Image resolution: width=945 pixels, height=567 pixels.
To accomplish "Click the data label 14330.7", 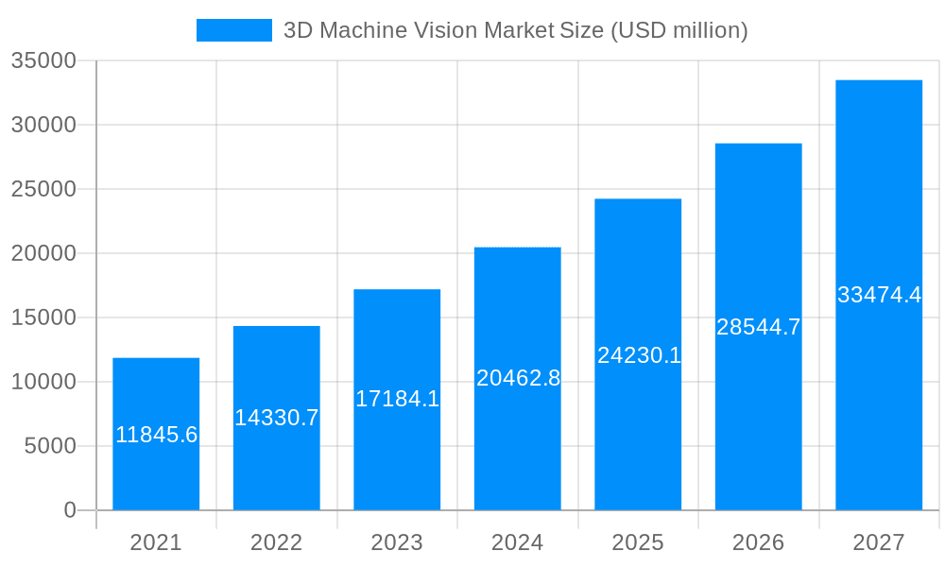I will (277, 418).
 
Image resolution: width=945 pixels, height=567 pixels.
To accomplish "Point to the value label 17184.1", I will (397, 399).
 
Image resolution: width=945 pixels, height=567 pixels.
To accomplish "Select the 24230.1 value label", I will (639, 355).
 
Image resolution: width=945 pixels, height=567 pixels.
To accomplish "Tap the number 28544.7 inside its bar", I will (758, 327).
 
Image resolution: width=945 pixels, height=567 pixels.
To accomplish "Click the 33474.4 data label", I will (879, 295).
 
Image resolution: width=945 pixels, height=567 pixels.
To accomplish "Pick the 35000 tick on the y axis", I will (43, 61).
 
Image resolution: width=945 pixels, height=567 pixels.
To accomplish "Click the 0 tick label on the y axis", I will (69, 510).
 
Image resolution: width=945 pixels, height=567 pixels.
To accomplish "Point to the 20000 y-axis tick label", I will (43, 253).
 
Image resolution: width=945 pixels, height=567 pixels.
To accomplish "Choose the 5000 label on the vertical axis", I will (49, 446).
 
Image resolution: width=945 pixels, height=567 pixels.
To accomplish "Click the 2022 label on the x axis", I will (276, 543).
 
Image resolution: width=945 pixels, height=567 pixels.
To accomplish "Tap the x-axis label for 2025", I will (638, 543).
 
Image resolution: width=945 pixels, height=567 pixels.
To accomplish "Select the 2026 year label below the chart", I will (758, 543).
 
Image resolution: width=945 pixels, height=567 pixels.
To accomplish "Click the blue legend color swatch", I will (233, 30).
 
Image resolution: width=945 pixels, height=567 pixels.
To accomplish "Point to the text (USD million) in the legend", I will (679, 30).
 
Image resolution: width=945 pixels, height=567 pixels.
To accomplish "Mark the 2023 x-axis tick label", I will (397, 543).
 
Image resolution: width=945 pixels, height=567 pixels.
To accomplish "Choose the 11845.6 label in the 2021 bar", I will (156, 435).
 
